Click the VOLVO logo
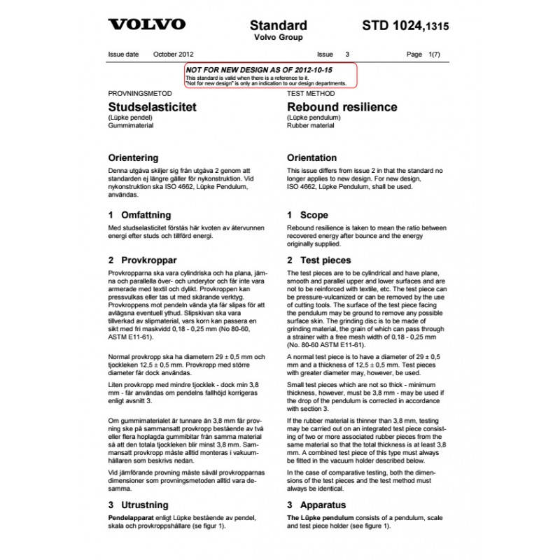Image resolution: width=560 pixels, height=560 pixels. pyautogui.click(x=146, y=24)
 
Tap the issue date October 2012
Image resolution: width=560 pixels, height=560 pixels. pyautogui.click(x=173, y=54)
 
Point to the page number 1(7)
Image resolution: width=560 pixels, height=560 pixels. pyautogui.click(x=433, y=54)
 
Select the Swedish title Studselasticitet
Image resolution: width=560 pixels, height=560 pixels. pyautogui.click(x=152, y=107)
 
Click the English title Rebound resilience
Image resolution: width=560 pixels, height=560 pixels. pyautogui.click(x=342, y=107)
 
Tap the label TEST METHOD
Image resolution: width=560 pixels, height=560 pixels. pyautogui.click(x=309, y=93)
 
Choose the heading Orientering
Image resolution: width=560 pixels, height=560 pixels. pyautogui.click(x=133, y=158)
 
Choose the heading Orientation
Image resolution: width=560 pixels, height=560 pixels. pyautogui.click(x=311, y=158)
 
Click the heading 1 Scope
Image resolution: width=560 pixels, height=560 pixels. pyautogui.click(x=307, y=216)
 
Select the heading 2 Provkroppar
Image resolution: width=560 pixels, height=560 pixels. pyautogui.click(x=141, y=260)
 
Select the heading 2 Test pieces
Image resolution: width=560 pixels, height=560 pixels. pyautogui.click(x=319, y=260)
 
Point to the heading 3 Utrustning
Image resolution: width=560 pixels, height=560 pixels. pyautogui.click(x=139, y=505)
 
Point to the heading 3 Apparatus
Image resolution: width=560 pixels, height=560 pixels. pyautogui.click(x=318, y=505)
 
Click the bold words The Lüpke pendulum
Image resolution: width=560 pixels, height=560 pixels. pyautogui.click(x=317, y=517)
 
